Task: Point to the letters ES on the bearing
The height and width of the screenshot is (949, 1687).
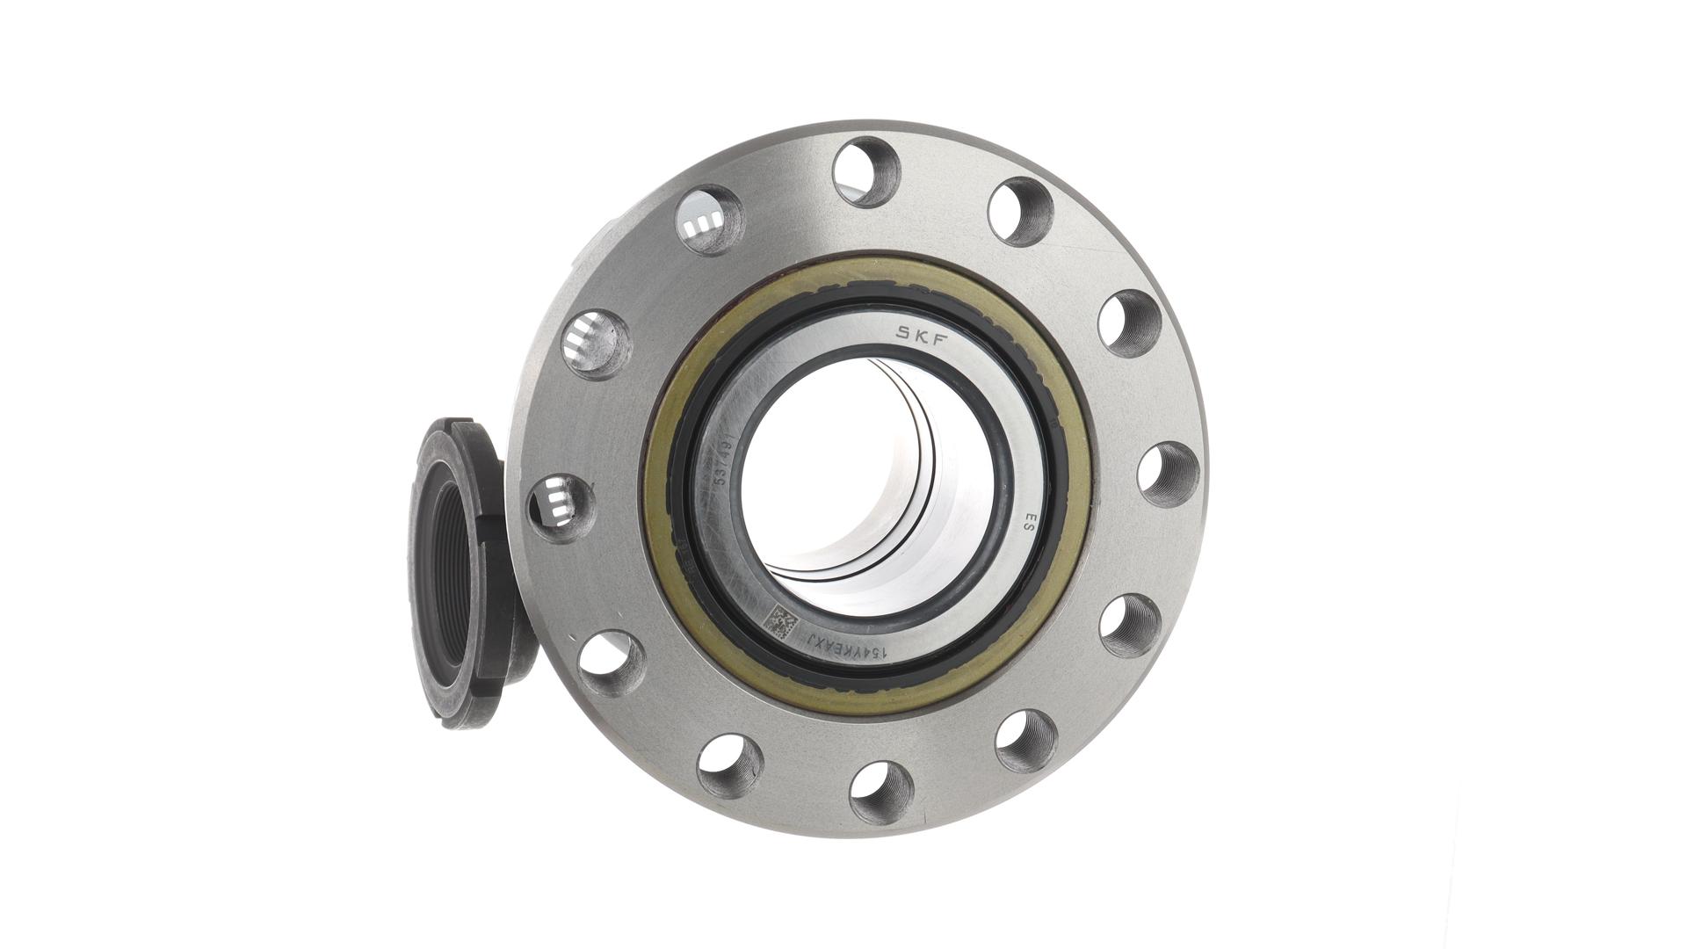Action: tap(1023, 525)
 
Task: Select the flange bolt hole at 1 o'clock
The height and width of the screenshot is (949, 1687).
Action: tap(1020, 211)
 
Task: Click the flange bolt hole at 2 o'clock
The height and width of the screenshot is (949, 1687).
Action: tap(1129, 322)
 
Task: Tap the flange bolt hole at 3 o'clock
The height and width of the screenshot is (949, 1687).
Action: tap(1168, 474)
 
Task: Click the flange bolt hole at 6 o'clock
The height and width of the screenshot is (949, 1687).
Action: tap(882, 793)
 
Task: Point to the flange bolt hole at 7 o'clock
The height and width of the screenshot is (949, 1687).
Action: tap(730, 764)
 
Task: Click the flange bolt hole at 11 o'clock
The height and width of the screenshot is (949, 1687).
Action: tap(711, 220)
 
